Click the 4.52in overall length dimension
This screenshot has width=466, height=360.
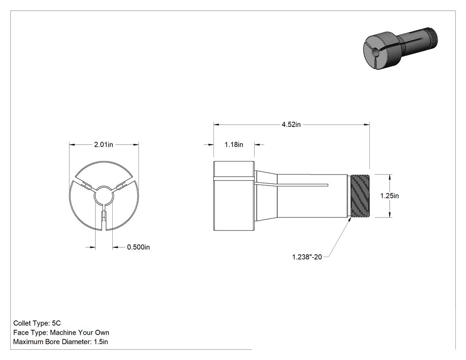[291, 125]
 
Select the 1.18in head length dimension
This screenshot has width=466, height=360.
[233, 144]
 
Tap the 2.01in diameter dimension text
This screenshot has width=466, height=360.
[103, 144]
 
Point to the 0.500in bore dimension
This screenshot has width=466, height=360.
[138, 247]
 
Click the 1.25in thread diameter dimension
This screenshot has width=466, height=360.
[389, 196]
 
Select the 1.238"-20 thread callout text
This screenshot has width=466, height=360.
[307, 257]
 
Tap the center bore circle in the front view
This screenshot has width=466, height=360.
[104, 195]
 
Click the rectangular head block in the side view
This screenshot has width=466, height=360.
[234, 196]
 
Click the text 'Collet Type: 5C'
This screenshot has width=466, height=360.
[37, 323]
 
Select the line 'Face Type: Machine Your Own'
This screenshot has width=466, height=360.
[61, 332]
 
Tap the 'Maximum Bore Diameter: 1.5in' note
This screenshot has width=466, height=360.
[60, 341]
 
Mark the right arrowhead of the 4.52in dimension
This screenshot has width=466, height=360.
[367, 125]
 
